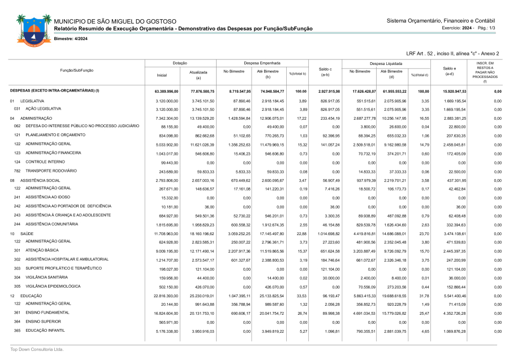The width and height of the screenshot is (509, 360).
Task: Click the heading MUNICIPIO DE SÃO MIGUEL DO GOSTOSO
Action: [x=115, y=21]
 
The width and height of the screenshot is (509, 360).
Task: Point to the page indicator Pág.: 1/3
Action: [x=486, y=28]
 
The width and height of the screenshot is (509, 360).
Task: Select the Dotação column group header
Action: [x=180, y=63]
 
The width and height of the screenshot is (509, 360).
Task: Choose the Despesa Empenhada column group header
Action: [x=262, y=63]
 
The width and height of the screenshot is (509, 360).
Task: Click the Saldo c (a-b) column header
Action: [x=325, y=72]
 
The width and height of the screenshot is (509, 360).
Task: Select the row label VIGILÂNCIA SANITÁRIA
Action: [x=46, y=277]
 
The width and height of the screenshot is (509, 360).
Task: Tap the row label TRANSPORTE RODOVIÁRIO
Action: [x=50, y=171]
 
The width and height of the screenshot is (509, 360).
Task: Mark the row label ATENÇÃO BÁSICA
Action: [x=41, y=250]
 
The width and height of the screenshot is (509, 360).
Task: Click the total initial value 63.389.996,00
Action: [x=166, y=91]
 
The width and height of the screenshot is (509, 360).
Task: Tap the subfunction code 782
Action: [x=17, y=171]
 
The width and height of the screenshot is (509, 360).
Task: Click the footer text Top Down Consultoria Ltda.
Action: [x=37, y=349]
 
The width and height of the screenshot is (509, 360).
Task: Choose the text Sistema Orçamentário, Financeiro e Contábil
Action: [x=441, y=20]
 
